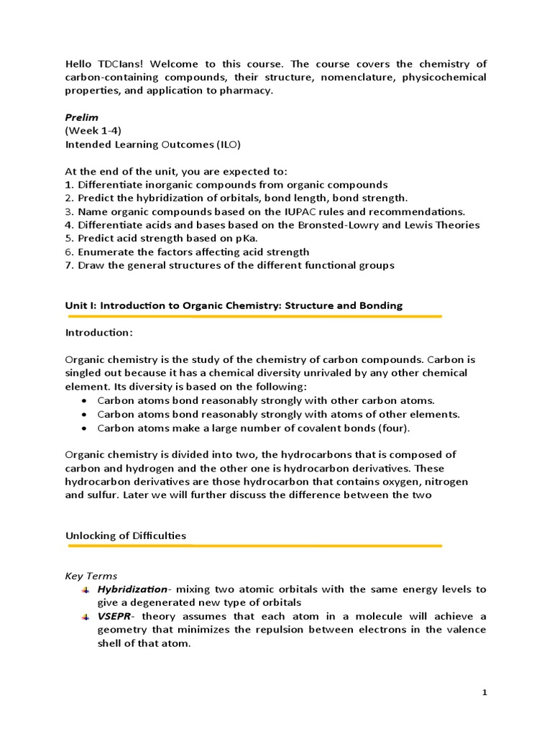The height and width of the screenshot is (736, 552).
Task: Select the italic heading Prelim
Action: coord(80,117)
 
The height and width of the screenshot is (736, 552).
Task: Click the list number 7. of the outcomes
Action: coord(69,265)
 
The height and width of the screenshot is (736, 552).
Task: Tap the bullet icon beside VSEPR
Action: coord(86,617)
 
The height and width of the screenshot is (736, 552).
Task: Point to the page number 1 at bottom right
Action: coord(484,692)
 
